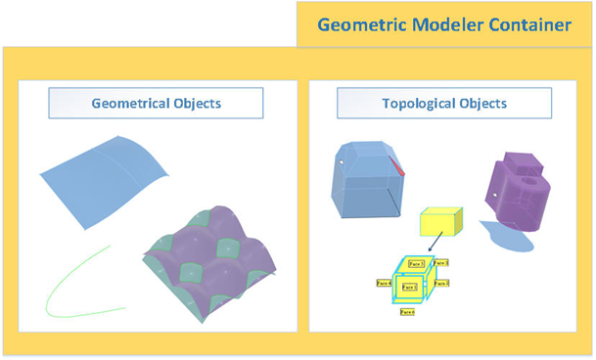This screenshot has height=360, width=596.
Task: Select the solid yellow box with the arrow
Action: tap(438, 223)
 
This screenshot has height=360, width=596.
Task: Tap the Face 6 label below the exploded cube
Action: tap(406, 312)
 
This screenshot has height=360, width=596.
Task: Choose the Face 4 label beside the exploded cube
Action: tap(384, 283)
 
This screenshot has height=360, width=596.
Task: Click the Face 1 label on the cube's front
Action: tap(411, 287)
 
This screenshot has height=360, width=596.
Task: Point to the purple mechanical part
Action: tap(519, 191)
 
